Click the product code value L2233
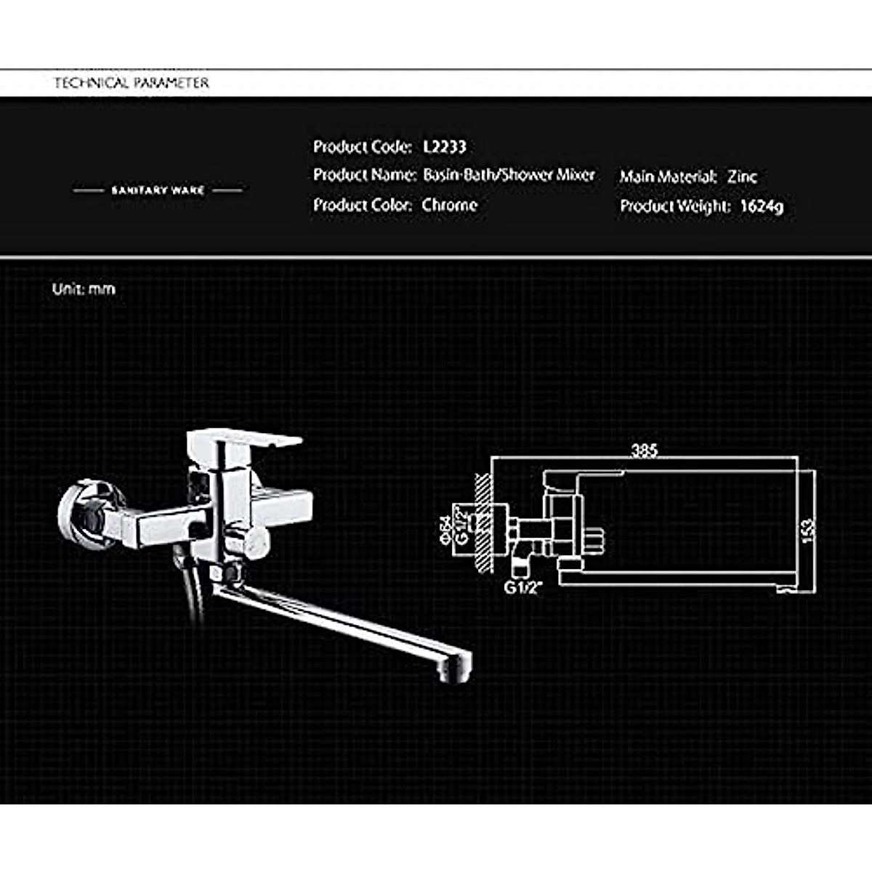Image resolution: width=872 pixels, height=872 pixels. click(x=444, y=147)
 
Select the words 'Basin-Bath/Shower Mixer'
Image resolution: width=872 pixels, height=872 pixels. click(x=509, y=175)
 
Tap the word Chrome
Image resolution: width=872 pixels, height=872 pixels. click(x=449, y=205)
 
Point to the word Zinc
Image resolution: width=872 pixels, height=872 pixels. click(x=742, y=177)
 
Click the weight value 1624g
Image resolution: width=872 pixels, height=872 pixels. click(x=762, y=206)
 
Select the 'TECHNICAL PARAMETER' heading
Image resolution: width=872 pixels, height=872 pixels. click(x=132, y=83)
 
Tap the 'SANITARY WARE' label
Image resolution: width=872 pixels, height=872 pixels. click(x=158, y=190)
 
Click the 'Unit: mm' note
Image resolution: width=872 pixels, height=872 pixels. click(x=84, y=289)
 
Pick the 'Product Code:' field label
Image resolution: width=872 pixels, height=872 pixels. click(x=362, y=147)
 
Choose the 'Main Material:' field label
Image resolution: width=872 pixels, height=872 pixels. click(x=668, y=177)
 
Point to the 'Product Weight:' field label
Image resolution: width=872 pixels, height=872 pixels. click(x=674, y=206)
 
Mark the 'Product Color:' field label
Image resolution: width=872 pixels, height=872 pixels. click(x=362, y=205)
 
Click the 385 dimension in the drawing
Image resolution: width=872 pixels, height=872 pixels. click(x=644, y=451)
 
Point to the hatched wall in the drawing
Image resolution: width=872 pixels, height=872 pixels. click(x=482, y=523)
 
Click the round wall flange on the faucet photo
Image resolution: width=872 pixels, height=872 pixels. click(x=81, y=513)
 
